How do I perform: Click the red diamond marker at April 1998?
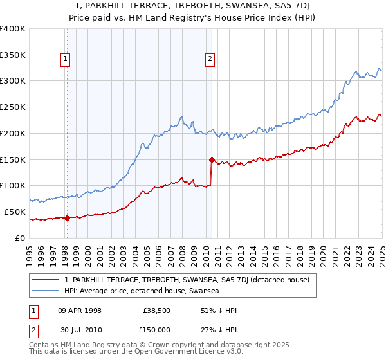pos(68,218)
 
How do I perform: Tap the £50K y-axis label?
pos(14,212)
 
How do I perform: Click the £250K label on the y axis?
pos(12,107)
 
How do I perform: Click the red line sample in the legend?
pos(46,280)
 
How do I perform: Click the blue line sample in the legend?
pos(46,291)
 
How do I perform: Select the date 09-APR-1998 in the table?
pos(80,310)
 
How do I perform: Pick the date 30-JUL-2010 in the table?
pos(80,329)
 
